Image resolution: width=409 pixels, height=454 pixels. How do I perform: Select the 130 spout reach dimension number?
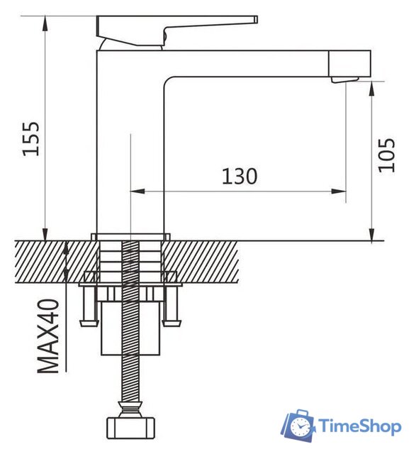pyautogui.click(x=239, y=176)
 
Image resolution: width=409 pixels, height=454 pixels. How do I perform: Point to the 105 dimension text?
pyautogui.click(x=386, y=154)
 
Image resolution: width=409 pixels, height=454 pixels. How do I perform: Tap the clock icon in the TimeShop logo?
pyautogui.click(x=301, y=426)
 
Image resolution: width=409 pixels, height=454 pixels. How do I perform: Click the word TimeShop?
pyautogui.click(x=359, y=426)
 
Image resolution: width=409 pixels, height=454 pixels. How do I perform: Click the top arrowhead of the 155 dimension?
pyautogui.click(x=46, y=21)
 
